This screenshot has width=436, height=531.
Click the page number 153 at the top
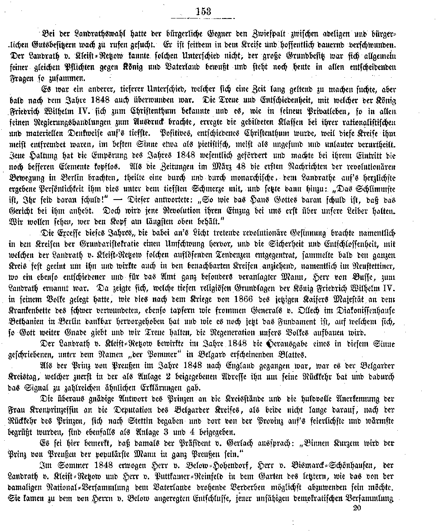tap(203, 11)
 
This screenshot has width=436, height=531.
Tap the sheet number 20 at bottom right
tap(357, 507)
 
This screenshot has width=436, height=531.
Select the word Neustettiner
tap(372, 266)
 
